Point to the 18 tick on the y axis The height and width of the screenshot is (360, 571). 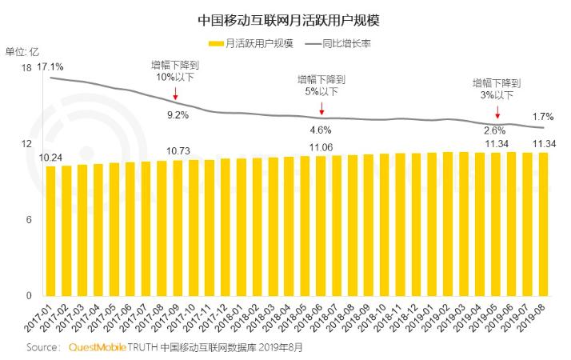tap(26, 69)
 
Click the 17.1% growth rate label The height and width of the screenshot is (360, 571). tap(50, 66)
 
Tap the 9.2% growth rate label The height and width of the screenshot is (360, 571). tap(177, 115)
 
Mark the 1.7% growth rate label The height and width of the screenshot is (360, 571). tap(543, 117)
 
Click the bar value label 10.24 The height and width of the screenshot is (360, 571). tap(50, 158)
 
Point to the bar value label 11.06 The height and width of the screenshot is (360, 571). tap(320, 147)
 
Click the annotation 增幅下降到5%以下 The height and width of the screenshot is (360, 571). tap(321, 86)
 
